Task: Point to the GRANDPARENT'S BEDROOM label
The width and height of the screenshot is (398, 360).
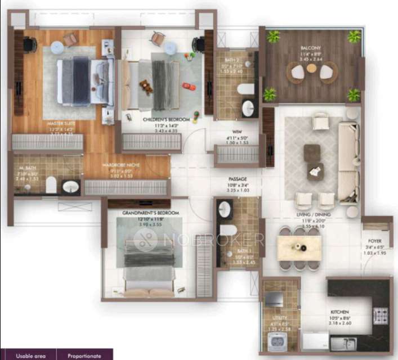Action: click(150, 213)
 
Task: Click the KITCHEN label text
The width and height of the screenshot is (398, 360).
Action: click(339, 312)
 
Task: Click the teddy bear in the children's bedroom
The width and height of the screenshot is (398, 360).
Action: click(146, 87)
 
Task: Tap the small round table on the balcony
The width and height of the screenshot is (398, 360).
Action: click(311, 69)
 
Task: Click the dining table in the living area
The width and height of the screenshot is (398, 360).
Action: click(299, 247)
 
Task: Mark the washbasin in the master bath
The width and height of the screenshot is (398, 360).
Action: click(71, 187)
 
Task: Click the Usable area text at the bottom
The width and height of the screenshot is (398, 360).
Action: click(28, 355)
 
